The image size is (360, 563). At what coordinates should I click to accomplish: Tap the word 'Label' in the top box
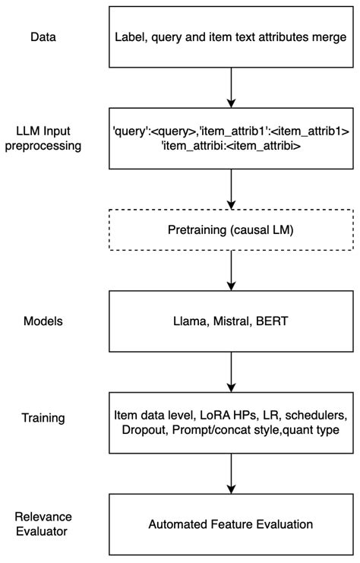tap(131, 36)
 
